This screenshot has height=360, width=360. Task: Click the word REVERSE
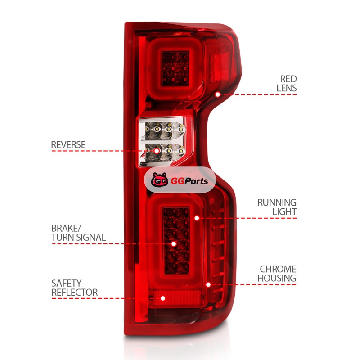coord(68,145)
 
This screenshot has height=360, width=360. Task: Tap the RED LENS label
coord(287,84)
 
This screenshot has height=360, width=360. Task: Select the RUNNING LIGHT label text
coord(277,207)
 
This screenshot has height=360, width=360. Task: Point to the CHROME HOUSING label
coord(277,274)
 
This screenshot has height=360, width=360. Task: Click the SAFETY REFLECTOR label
coord(74,288)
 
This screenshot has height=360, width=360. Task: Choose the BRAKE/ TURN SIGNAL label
coord(78,233)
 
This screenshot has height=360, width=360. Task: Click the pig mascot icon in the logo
coord(159,180)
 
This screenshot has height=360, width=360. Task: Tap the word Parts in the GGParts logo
coord(196,181)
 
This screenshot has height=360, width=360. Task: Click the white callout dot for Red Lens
coord(218,94)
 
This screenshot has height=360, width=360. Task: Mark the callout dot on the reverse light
coord(157,151)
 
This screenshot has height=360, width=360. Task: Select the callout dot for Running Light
coord(197,218)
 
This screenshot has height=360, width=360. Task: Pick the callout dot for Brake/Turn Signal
coord(174,243)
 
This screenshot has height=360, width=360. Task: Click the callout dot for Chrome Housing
coord(208,285)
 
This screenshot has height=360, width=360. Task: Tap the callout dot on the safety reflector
coord(163,298)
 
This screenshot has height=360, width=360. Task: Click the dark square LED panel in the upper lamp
coord(175,69)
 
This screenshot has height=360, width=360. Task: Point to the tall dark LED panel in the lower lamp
coord(176,240)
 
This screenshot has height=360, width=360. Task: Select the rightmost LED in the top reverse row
coord(181,130)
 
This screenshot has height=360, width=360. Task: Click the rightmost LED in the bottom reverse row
coord(181,151)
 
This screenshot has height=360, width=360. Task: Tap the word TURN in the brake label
coord(63,238)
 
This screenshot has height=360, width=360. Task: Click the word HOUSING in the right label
coord(277,278)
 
